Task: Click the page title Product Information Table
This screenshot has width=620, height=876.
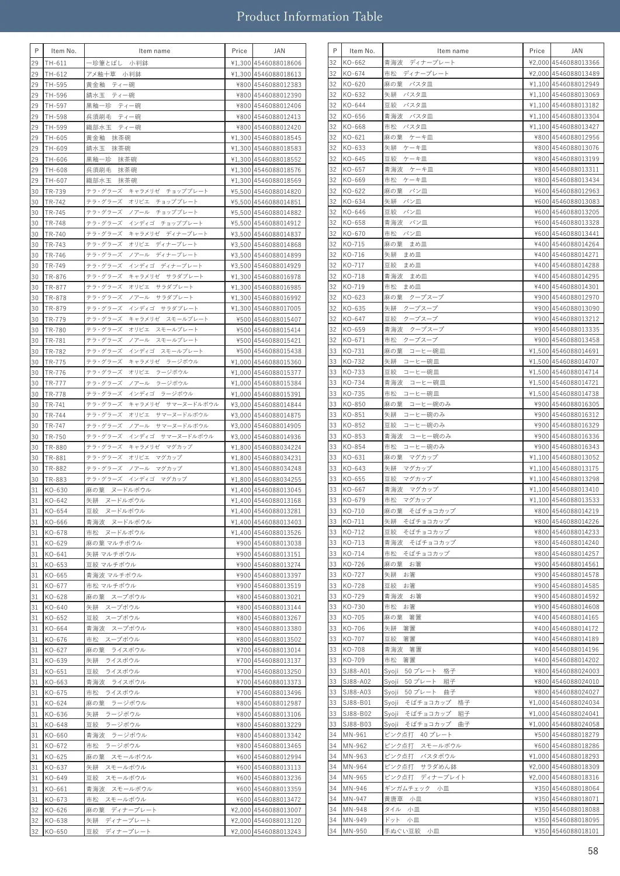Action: coord(309,16)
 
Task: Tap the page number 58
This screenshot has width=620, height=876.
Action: coord(593,851)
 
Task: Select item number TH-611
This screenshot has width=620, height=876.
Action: coord(56,63)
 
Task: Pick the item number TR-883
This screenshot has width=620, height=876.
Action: coord(56,479)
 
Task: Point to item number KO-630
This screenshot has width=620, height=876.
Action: coord(56,490)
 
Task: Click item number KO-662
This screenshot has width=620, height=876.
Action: coord(354,62)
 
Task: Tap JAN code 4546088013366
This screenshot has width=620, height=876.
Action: coord(576,62)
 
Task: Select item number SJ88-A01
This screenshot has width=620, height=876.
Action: coord(357,671)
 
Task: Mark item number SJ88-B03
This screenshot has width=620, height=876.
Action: coord(357,724)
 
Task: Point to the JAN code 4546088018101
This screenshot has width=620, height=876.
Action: coord(576,831)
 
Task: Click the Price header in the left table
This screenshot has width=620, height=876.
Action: coord(239,51)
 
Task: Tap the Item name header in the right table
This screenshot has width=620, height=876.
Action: coord(453,51)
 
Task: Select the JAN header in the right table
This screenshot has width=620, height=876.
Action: coord(577,51)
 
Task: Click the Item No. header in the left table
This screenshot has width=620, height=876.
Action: coord(64,51)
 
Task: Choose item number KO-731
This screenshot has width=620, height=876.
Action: coord(354,351)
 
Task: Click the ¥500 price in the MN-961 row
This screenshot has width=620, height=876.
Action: coord(541,735)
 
